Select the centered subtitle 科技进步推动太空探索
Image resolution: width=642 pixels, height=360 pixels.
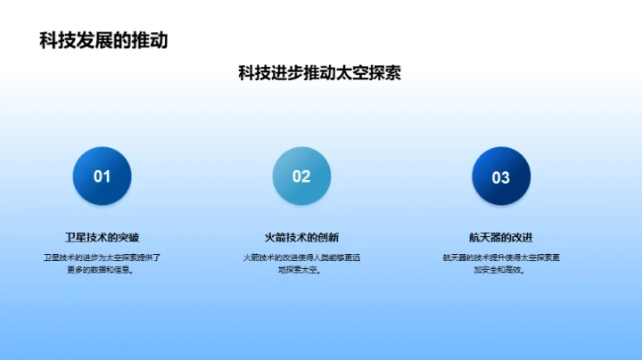(x=319, y=73)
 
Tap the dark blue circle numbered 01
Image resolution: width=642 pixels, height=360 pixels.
(x=102, y=176)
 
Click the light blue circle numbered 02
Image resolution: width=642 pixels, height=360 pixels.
(x=301, y=176)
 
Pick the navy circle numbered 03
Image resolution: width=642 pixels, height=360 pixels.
(x=501, y=176)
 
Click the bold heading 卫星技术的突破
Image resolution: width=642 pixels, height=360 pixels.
(x=102, y=237)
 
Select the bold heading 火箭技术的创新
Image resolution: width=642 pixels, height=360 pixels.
(x=301, y=237)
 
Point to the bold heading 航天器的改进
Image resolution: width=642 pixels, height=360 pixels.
(x=501, y=237)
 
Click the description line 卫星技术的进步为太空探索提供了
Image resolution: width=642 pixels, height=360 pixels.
(x=102, y=258)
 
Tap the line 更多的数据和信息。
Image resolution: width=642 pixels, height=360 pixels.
(x=102, y=270)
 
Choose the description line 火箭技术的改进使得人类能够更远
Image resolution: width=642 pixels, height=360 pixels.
(x=301, y=258)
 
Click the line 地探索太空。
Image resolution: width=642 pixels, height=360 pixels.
(x=301, y=270)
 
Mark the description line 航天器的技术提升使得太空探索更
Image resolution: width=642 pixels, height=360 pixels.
(x=501, y=258)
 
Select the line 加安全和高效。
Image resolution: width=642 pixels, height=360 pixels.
(x=501, y=270)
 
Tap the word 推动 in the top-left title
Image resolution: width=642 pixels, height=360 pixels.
(x=150, y=40)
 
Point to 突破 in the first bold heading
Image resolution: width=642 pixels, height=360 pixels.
(x=128, y=237)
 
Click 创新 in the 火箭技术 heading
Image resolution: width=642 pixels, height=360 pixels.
(x=327, y=237)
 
